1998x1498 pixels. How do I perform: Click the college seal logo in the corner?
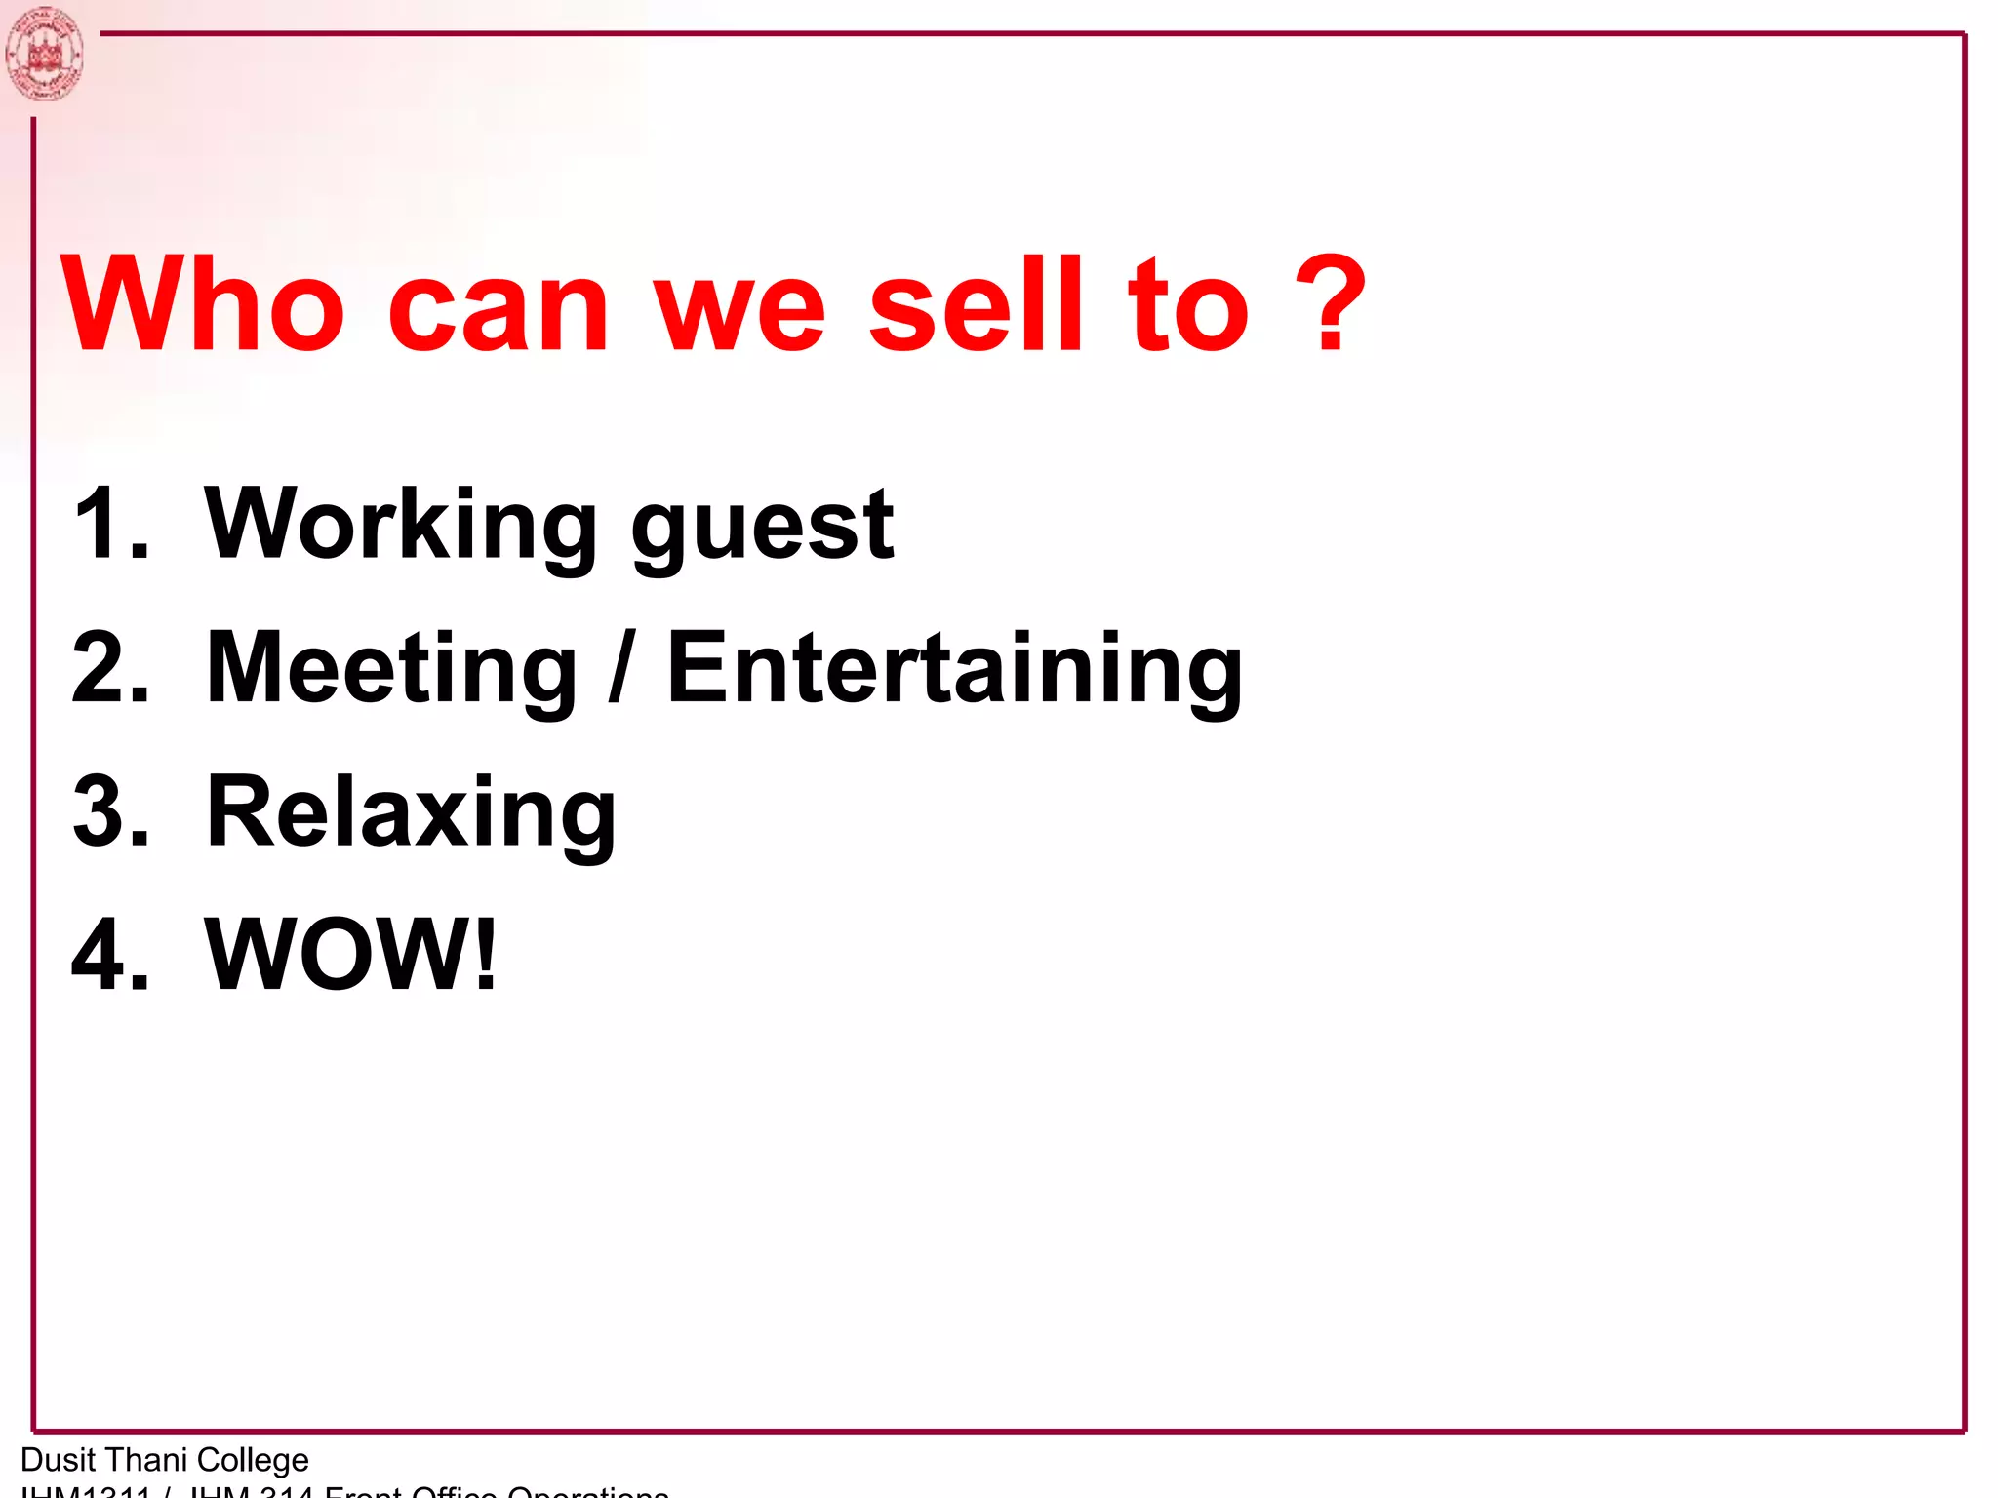pos(44,54)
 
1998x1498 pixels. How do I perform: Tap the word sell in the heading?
pos(975,303)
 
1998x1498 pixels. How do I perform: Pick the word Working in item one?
pos(400,527)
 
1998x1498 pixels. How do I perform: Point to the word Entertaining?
pos(954,670)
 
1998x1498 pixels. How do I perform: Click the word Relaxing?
pos(411,813)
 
